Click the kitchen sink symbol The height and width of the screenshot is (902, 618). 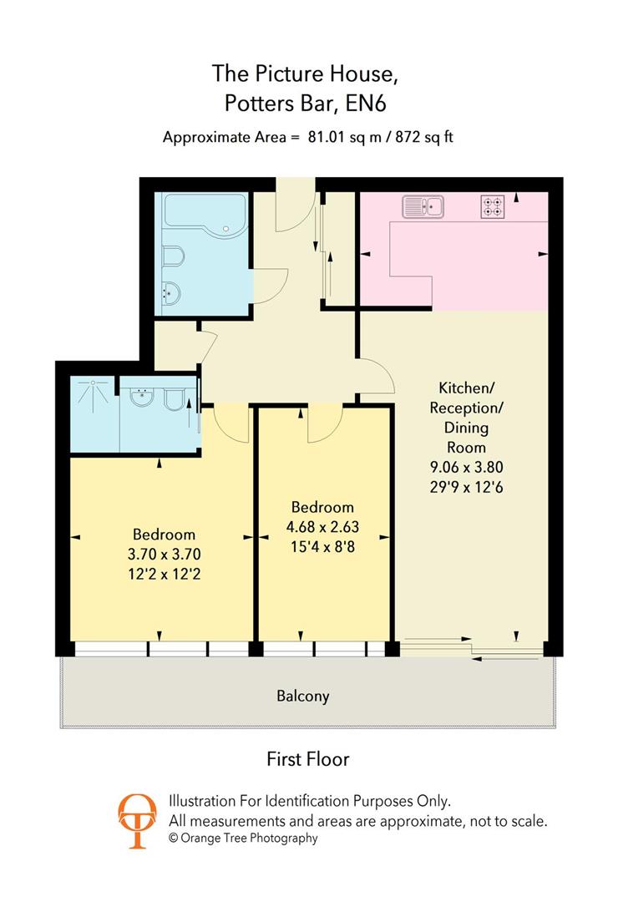pyautogui.click(x=424, y=205)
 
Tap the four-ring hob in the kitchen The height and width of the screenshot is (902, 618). pyautogui.click(x=493, y=206)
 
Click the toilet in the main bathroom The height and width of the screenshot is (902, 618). pyautogui.click(x=172, y=256)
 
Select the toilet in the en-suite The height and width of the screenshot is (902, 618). pyautogui.click(x=175, y=401)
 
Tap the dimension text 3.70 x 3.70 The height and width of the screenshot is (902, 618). pyautogui.click(x=164, y=553)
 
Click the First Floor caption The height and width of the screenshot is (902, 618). pyautogui.click(x=307, y=759)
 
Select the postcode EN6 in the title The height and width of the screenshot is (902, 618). pyautogui.click(x=371, y=104)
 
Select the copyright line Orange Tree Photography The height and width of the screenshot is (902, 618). pyautogui.click(x=243, y=838)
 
